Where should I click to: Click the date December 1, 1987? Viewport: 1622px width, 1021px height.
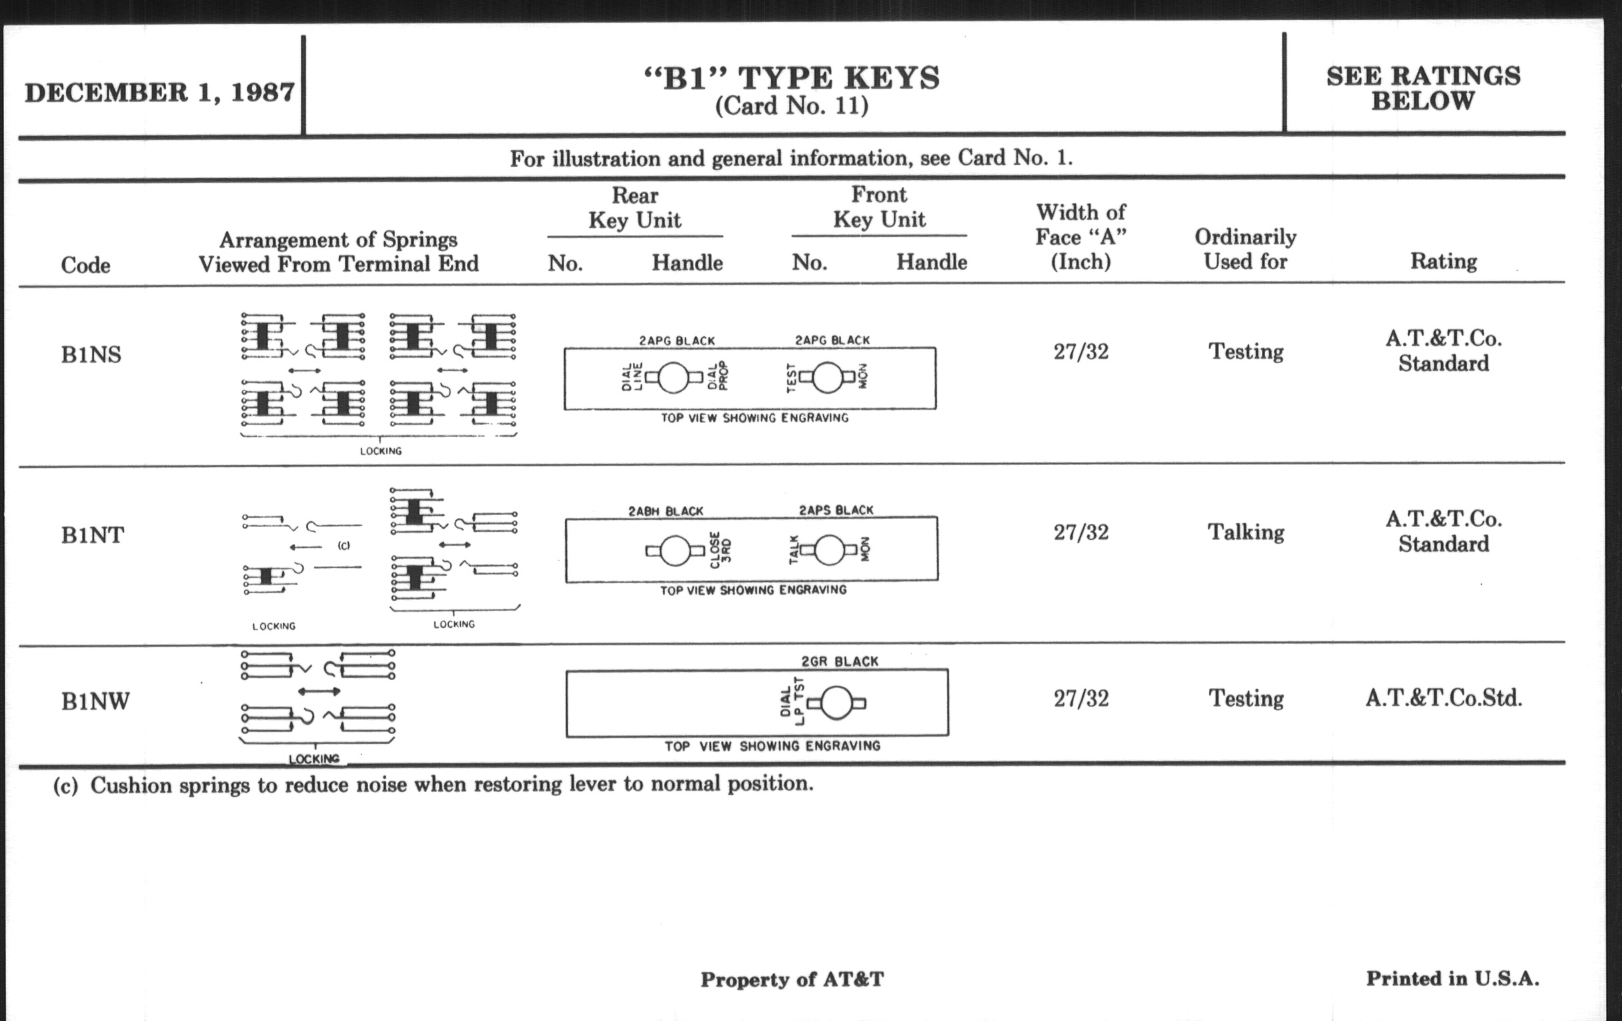(159, 92)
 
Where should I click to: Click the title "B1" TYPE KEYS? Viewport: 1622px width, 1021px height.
(792, 77)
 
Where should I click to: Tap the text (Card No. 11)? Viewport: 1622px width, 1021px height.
(792, 106)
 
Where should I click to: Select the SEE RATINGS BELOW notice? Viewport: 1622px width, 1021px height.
(1423, 88)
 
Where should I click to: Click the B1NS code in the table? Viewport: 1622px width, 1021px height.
(91, 354)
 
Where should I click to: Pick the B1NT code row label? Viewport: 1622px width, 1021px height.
(92, 535)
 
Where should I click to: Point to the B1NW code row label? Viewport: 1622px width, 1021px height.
(95, 701)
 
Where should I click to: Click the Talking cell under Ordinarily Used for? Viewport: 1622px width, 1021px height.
(1245, 533)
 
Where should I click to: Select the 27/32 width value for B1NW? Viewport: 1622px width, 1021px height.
(1081, 698)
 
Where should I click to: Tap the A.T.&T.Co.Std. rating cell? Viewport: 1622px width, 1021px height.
(1443, 697)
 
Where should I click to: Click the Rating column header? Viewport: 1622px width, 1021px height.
(1443, 262)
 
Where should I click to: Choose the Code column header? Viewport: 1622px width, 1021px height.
(85, 265)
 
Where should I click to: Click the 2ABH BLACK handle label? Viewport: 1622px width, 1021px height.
(666, 512)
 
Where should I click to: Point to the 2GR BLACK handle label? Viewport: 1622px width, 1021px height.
(840, 662)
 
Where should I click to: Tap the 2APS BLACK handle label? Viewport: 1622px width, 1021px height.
(836, 510)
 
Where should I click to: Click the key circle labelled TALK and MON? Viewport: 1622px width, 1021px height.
(830, 551)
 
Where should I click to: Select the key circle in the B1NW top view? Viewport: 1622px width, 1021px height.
(836, 703)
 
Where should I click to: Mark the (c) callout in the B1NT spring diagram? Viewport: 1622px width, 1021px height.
(343, 545)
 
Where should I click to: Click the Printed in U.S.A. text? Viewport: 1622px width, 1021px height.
(1452, 978)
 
